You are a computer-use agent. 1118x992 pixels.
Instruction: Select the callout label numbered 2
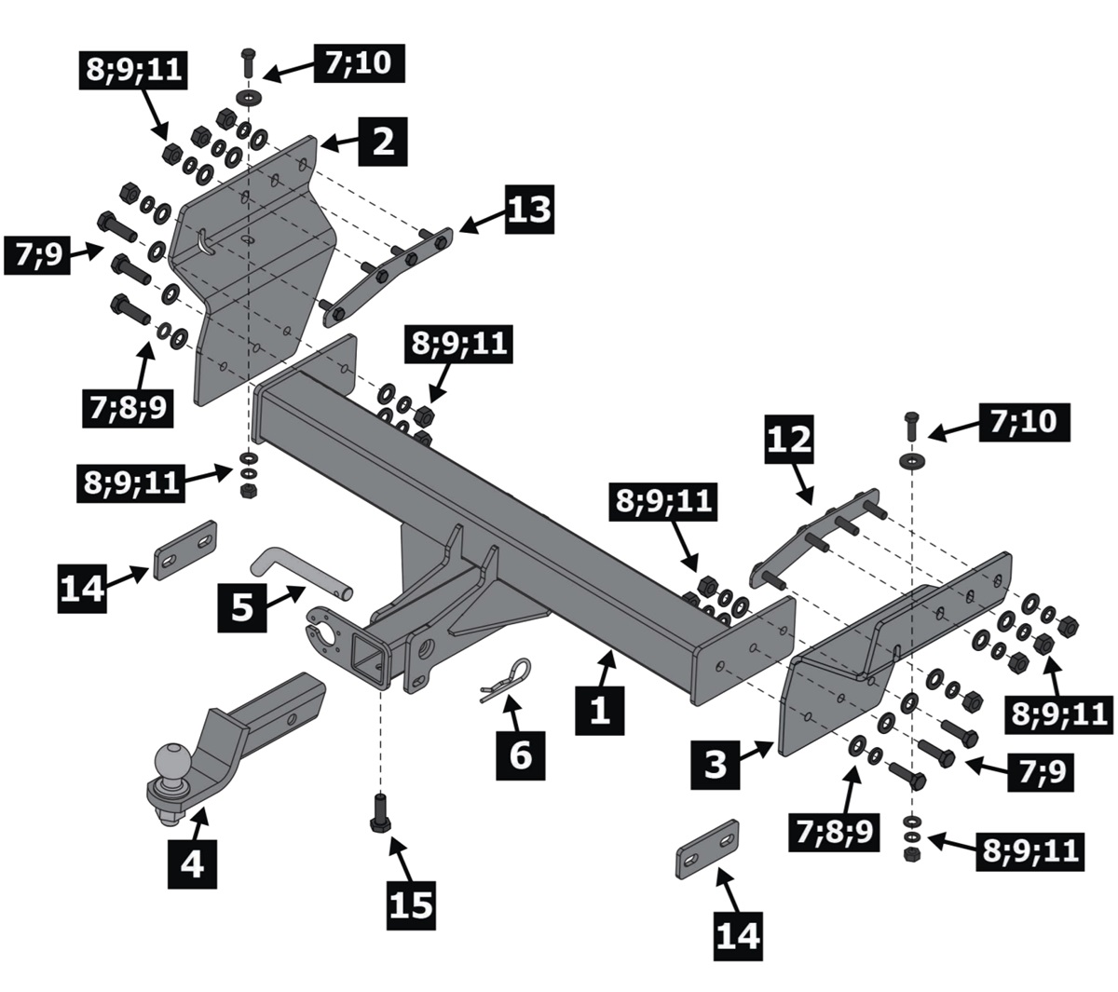click(x=383, y=143)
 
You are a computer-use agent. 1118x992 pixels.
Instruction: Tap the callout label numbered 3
click(x=716, y=764)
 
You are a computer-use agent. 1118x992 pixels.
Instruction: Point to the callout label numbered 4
click(x=191, y=863)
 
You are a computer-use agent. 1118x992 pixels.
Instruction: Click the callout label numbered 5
click(x=242, y=606)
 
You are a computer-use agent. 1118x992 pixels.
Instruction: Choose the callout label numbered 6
click(x=520, y=752)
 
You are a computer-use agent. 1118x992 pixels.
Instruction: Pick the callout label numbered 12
click(x=789, y=441)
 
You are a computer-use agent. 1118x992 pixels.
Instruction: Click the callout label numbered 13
click(x=529, y=209)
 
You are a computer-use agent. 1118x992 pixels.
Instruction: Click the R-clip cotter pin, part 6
click(x=507, y=678)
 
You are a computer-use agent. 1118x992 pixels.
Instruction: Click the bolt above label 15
click(x=381, y=811)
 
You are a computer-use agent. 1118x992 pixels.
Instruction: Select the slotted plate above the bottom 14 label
click(x=707, y=848)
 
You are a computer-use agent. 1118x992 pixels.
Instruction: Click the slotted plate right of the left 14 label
click(x=185, y=550)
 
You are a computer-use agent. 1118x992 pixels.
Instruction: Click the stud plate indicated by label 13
click(x=387, y=275)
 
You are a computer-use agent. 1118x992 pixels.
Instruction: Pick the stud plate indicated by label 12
click(x=814, y=537)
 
